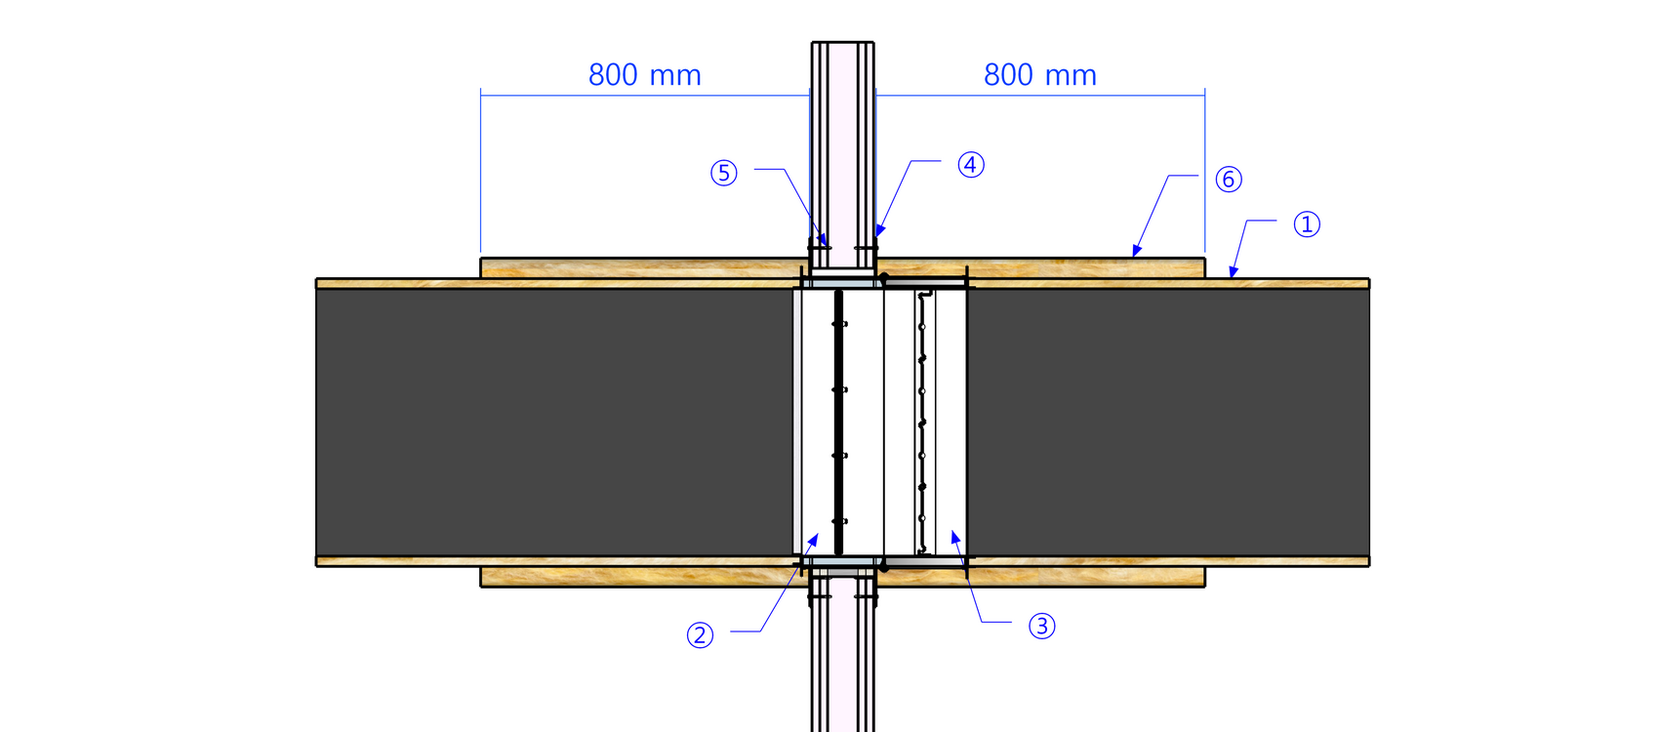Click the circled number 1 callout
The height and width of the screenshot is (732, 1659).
[1307, 224]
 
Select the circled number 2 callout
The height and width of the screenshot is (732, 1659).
[700, 635]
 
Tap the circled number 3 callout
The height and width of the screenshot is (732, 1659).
[1042, 626]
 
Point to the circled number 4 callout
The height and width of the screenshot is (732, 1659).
[971, 165]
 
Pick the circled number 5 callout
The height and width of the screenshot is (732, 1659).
[723, 174]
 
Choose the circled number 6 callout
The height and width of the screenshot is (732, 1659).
[1229, 180]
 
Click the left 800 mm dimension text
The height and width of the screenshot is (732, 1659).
[644, 75]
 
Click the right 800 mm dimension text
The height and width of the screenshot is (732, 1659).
[1040, 75]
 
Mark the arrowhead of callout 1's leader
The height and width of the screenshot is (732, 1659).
[1233, 272]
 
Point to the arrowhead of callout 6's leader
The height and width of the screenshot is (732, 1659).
[1136, 251]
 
